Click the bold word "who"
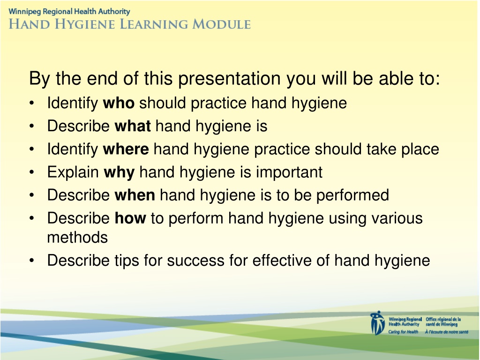[x=119, y=103]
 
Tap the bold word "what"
[x=133, y=126]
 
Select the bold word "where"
[x=126, y=149]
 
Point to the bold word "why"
[x=119, y=172]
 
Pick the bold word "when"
[x=135, y=195]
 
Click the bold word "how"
[x=130, y=218]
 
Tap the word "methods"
[x=77, y=237]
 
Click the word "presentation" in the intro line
[x=229, y=79]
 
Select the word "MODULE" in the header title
[x=221, y=24]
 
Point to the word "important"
[x=289, y=172]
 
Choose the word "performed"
[x=352, y=195]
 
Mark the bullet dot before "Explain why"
[x=32, y=172]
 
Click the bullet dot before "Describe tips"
[x=32, y=261]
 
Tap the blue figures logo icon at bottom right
[x=377, y=323]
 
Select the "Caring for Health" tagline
[x=403, y=332]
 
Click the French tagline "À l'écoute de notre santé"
[x=447, y=332]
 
